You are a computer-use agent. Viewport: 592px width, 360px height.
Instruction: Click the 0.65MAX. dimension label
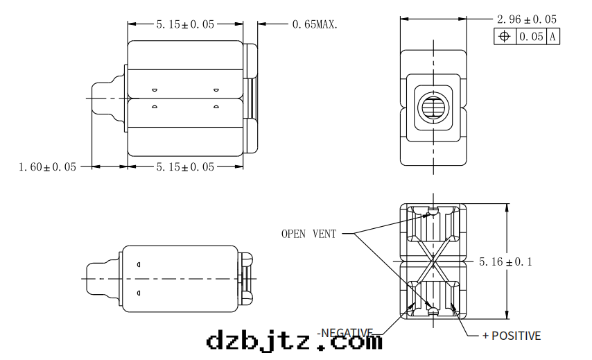315,24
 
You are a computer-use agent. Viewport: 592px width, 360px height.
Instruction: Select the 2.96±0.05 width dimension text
527,19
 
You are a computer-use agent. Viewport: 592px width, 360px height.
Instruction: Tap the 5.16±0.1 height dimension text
505,262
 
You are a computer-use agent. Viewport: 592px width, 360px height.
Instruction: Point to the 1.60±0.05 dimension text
48,167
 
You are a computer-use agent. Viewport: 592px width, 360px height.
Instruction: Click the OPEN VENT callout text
309,234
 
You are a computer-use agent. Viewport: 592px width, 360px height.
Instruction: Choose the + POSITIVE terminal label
512,336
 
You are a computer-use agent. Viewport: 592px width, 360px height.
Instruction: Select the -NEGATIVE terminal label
345,333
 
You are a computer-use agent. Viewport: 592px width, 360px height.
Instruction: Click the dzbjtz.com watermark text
295,341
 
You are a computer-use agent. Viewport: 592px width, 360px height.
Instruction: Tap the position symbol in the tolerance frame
505,37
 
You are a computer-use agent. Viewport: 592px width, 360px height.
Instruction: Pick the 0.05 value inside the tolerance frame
531,37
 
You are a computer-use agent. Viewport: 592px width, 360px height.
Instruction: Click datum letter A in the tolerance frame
552,37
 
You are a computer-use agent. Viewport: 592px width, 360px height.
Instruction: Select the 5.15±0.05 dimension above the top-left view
185,24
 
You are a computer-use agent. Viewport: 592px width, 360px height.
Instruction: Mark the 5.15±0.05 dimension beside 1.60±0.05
185,167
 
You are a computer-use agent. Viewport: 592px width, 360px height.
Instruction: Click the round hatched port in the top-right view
433,108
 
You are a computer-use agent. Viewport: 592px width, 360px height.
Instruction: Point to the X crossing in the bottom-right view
433,261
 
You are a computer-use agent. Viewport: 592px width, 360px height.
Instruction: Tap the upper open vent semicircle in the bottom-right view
433,210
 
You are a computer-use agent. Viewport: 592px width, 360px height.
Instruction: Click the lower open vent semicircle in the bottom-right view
433,311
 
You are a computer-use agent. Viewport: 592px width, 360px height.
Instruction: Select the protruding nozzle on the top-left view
108,98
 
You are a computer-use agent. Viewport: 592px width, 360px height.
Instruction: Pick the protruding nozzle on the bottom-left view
103,279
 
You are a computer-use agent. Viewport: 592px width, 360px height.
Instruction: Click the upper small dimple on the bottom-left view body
139,264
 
